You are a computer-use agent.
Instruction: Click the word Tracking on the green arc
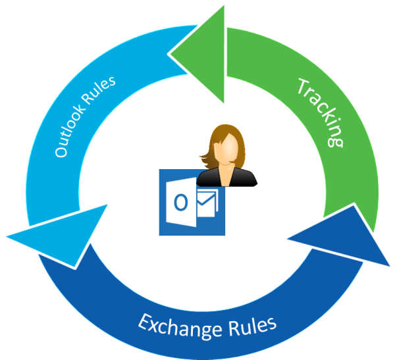(321, 113)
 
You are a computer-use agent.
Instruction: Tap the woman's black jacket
(227, 178)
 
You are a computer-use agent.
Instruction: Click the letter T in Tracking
(304, 86)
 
